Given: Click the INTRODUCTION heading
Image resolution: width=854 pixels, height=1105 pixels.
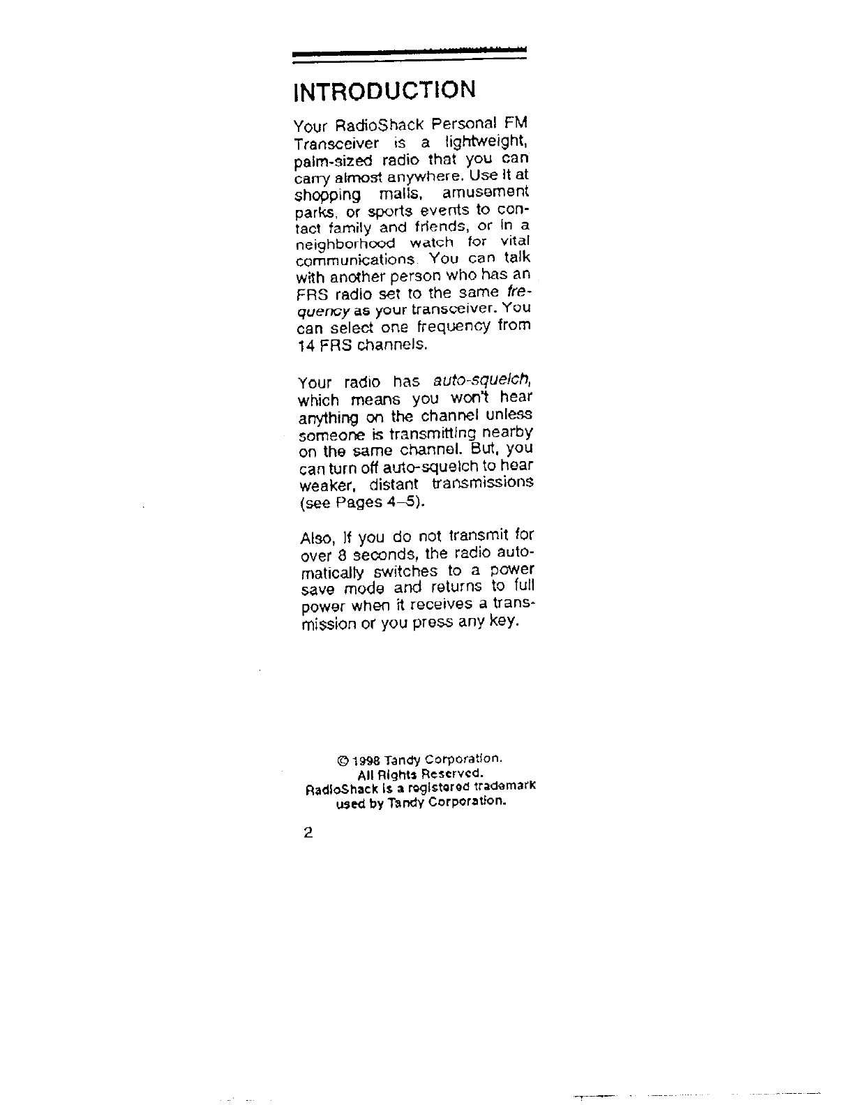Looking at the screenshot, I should [384, 91].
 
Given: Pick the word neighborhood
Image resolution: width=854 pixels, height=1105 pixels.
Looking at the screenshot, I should [345, 243].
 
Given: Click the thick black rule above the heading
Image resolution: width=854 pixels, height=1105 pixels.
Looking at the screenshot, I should [409, 52].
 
